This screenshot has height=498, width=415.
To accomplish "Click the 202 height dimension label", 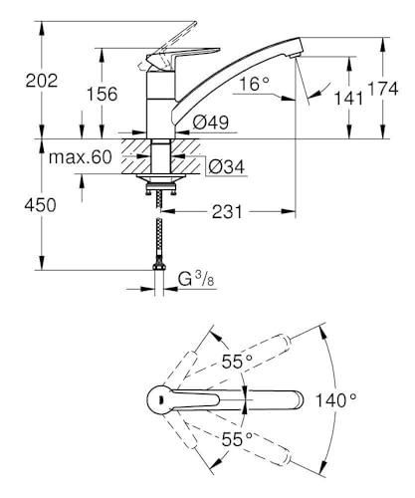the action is pyautogui.click(x=42, y=81).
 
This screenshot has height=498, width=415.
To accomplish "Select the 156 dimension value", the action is pyautogui.click(x=103, y=94).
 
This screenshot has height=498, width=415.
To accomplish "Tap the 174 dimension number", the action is pyautogui.click(x=383, y=89).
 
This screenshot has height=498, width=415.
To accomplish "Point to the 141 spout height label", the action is pyautogui.click(x=348, y=99).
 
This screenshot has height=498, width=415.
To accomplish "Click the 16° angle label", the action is pyautogui.click(x=255, y=84).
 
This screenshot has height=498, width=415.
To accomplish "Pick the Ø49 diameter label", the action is pyautogui.click(x=211, y=123).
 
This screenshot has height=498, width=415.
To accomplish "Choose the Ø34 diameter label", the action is pyautogui.click(x=227, y=166).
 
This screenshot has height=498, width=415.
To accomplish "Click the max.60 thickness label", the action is pyautogui.click(x=81, y=157).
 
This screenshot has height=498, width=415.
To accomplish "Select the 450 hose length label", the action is pyautogui.click(x=40, y=205).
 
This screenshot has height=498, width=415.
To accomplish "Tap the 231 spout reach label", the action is pyautogui.click(x=228, y=212).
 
